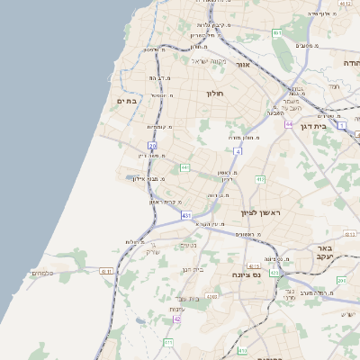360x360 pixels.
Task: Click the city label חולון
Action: [x=214, y=93]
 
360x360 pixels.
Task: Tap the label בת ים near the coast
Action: [x=126, y=102]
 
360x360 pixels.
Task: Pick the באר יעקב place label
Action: [x=320, y=252]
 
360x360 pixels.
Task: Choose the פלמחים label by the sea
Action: [x=42, y=273]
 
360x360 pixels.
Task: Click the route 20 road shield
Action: [x=153, y=145]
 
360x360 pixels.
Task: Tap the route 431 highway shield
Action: [x=186, y=216]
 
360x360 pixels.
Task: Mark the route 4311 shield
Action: [x=106, y=271]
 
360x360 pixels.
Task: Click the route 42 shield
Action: [x=177, y=319]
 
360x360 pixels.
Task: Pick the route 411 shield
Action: [x=168, y=342]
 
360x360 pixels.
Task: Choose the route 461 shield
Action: [x=277, y=33]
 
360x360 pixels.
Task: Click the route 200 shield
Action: [x=340, y=281]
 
